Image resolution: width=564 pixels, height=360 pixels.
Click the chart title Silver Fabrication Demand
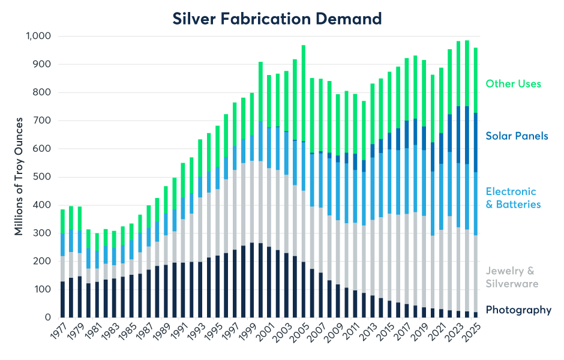277,19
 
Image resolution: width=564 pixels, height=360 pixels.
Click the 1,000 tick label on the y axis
38,36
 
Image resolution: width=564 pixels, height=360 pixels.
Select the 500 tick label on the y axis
44,177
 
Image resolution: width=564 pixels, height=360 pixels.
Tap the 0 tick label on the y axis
49,317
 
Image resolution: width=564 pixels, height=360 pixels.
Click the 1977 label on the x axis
58,332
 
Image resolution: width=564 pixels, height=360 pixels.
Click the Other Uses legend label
513,83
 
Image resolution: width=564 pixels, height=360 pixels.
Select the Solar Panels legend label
517,136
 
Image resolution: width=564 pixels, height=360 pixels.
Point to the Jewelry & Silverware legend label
512,277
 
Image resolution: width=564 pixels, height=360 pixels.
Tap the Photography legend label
518,310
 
